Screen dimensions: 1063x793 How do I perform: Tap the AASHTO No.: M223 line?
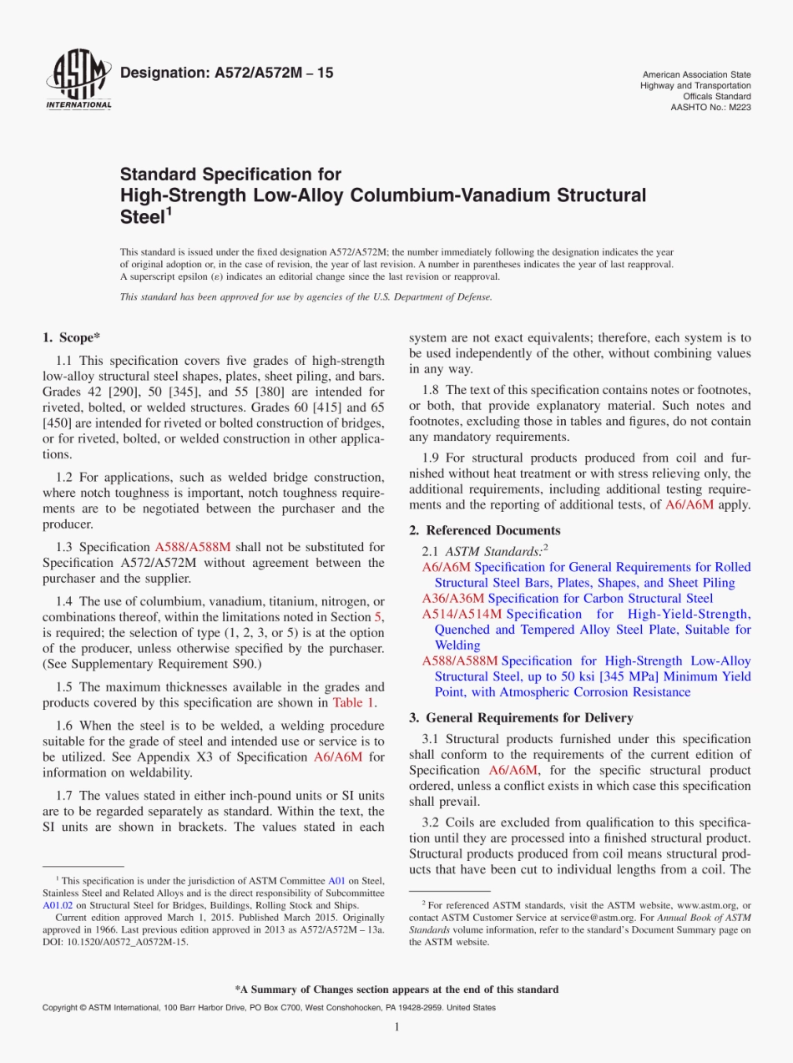(x=710, y=107)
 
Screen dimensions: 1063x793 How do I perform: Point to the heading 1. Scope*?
(x=71, y=337)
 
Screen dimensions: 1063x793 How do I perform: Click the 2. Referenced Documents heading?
(x=484, y=530)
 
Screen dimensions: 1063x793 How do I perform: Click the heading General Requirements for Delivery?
(x=529, y=717)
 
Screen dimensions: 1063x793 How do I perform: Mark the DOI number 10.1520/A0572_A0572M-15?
(x=125, y=941)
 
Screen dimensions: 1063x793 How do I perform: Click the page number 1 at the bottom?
(x=397, y=1026)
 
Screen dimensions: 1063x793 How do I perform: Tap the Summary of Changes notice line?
(x=396, y=990)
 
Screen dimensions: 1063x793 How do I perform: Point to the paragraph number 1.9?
(x=433, y=458)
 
